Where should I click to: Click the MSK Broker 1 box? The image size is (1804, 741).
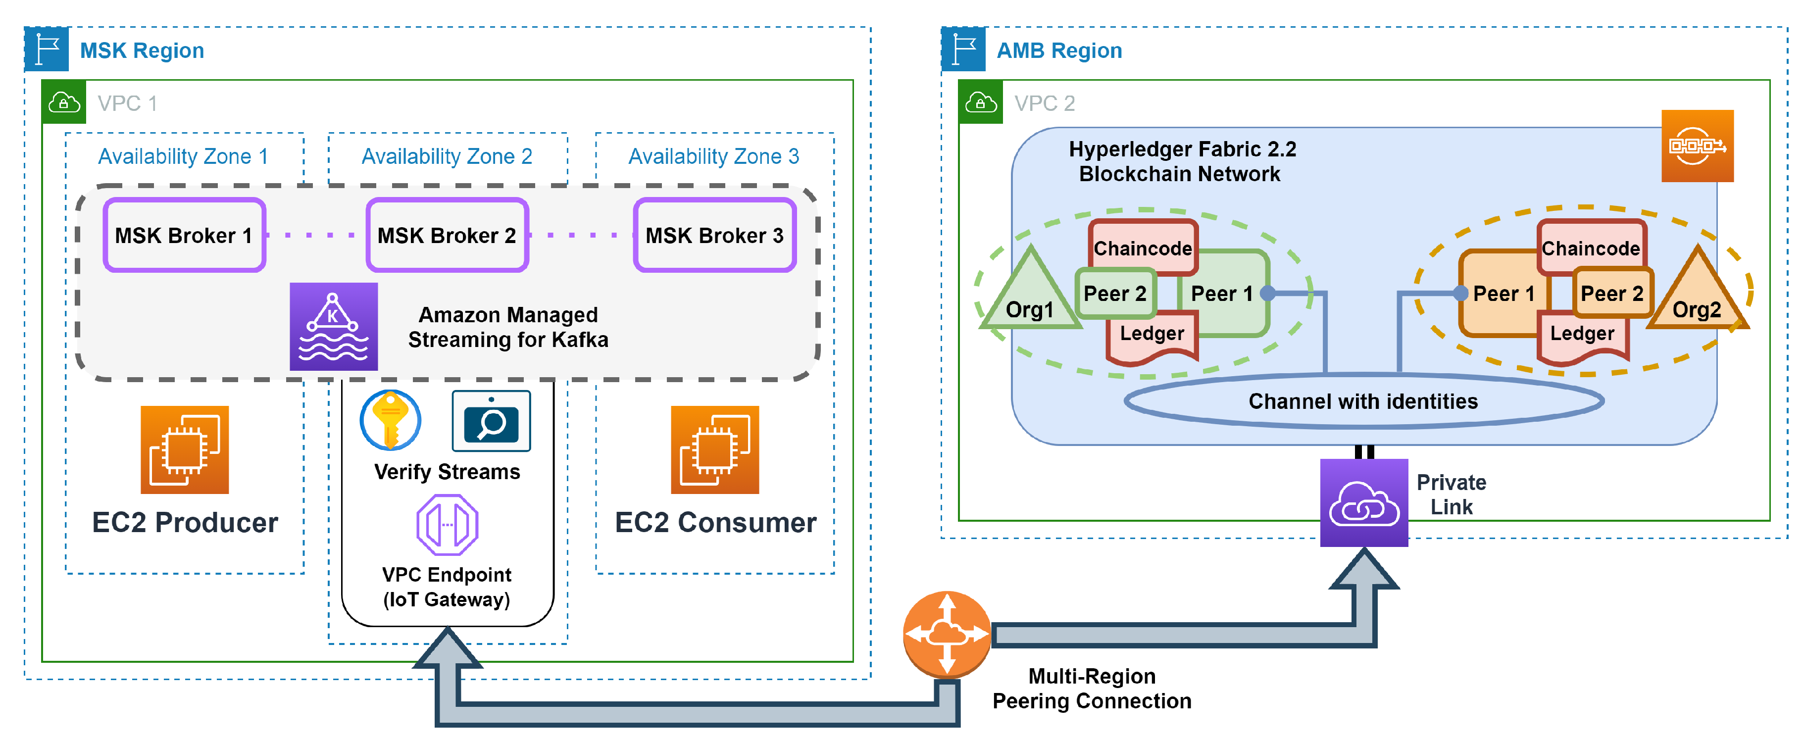coord(184,235)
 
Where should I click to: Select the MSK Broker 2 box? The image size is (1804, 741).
coord(447,235)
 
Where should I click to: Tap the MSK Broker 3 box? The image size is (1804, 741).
coord(714,235)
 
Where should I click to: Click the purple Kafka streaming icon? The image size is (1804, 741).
coord(333,326)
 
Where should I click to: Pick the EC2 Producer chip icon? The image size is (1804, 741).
coord(184,449)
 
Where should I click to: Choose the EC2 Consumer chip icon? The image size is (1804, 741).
coord(714,449)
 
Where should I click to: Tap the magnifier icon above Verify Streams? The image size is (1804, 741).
coord(491,421)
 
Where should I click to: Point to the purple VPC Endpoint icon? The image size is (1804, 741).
coord(447,525)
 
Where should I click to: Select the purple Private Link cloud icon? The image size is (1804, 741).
coord(1363,503)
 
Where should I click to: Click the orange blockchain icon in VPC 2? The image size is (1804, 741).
coord(1697,146)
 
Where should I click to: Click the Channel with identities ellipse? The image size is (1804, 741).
coord(1363,401)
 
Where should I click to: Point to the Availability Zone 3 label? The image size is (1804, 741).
coord(713,156)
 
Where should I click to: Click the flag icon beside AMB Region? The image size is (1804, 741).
coord(963,49)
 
